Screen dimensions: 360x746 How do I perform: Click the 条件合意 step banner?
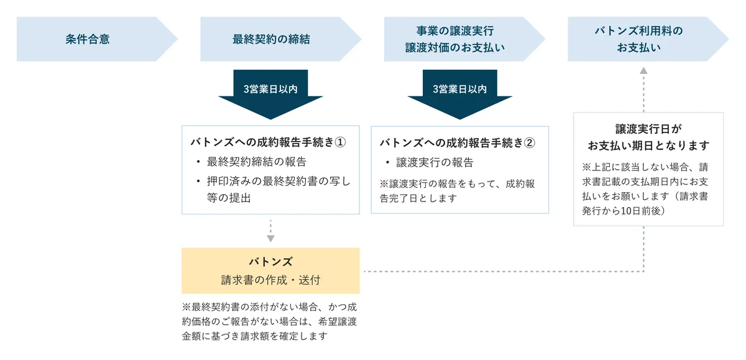(x=88, y=39)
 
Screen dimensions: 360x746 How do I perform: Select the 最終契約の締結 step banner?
(x=271, y=39)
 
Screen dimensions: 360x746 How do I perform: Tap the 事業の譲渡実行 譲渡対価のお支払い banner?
(x=455, y=39)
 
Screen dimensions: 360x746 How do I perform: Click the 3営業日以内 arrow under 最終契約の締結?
(x=270, y=93)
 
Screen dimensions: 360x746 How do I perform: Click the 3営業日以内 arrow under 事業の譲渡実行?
(x=459, y=93)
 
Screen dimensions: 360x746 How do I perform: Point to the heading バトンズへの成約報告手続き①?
(x=267, y=142)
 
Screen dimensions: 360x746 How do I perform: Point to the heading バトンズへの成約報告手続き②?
(x=457, y=142)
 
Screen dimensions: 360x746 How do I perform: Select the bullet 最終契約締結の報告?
(x=257, y=162)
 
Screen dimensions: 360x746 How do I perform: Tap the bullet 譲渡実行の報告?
(x=435, y=162)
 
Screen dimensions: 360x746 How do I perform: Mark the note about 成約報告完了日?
(x=457, y=191)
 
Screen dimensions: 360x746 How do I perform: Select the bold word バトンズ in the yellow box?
(x=270, y=262)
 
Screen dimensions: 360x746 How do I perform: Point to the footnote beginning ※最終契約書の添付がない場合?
(x=269, y=321)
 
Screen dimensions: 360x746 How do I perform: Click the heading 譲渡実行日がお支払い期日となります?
(x=648, y=137)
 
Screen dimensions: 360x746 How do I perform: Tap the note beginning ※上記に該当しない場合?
(x=648, y=188)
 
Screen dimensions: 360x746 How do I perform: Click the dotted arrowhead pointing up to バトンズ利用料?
(x=643, y=72)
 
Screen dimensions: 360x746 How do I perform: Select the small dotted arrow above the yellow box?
(x=270, y=231)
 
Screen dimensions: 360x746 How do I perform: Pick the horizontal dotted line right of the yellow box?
(x=497, y=272)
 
